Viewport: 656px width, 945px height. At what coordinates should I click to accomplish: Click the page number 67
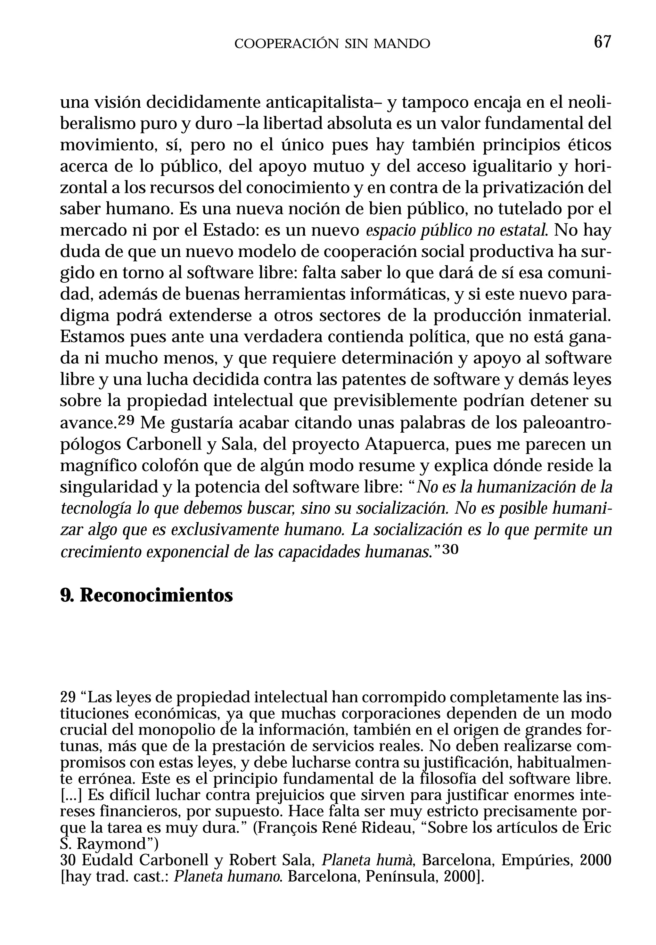pyautogui.click(x=602, y=42)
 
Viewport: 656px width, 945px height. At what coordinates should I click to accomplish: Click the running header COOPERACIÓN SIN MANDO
pyautogui.click(x=332, y=44)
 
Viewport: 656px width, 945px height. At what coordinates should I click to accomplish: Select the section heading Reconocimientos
pyautogui.click(x=156, y=595)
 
